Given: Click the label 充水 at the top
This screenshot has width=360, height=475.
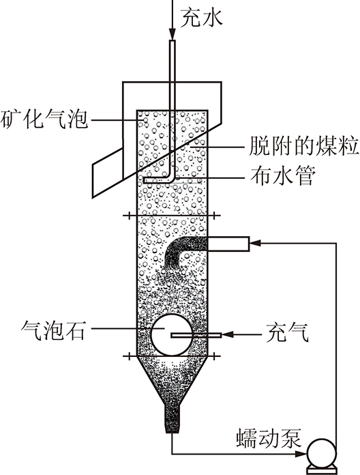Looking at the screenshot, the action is tap(202, 18).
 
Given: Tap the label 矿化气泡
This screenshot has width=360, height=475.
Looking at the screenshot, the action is tap(44, 119).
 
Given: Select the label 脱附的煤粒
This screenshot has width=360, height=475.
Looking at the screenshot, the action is tap(303, 147).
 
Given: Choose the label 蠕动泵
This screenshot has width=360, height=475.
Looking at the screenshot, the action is tap(269, 438).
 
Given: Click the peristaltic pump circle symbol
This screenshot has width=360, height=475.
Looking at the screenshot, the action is tap(321, 453).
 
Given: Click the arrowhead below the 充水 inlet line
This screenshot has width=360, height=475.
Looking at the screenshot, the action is tap(172, 34).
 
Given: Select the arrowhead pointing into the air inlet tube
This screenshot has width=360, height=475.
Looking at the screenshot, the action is tap(228, 334).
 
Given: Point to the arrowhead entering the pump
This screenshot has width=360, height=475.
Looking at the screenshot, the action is tap(301, 454).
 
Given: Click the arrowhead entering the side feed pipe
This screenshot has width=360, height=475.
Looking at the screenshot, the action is tap(255, 243).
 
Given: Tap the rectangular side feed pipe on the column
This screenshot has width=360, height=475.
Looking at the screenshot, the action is tap(228, 244).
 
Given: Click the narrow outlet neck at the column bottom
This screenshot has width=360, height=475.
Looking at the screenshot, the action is tap(172, 420).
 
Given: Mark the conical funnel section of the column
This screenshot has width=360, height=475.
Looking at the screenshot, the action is tap(172, 381).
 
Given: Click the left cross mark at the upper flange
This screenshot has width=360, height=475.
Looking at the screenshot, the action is tap(130, 216).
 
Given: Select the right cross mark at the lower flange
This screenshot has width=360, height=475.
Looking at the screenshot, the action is tap(214, 356).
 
